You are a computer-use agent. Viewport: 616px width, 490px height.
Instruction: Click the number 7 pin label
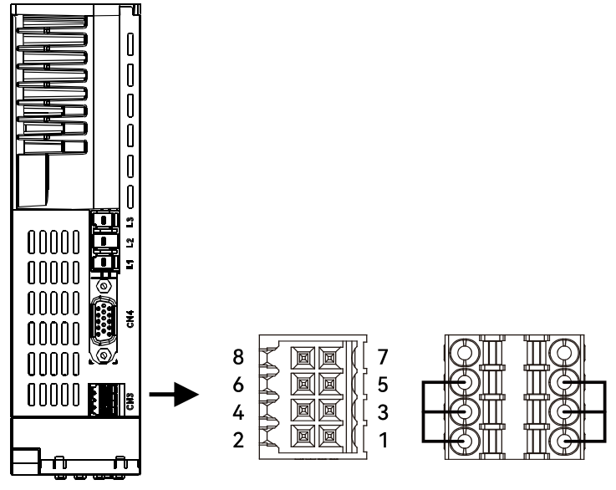coord(382,357)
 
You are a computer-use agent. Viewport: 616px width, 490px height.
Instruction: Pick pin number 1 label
coord(382,440)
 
